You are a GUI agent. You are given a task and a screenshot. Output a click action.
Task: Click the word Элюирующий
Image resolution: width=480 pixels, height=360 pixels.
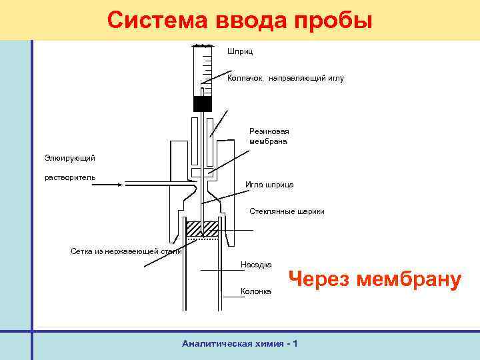pyautogui.click(x=70, y=157)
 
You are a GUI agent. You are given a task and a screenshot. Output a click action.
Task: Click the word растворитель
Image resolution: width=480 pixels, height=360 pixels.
pyautogui.click(x=70, y=177)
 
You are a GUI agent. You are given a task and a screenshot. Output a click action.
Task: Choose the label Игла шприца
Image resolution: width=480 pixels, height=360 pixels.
pyautogui.click(x=269, y=184)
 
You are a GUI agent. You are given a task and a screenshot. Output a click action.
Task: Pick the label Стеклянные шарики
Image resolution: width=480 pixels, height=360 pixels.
pyautogui.click(x=287, y=211)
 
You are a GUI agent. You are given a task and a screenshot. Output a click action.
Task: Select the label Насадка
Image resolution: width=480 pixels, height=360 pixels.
pyautogui.click(x=255, y=265)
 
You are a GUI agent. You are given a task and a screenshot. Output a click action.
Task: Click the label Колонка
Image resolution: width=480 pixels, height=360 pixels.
pyautogui.click(x=256, y=292)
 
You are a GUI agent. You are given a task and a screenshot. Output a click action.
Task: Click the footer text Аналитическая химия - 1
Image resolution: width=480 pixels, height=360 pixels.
pyautogui.click(x=239, y=343)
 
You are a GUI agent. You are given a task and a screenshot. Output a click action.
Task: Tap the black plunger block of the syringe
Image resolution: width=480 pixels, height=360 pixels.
pyautogui.click(x=202, y=103)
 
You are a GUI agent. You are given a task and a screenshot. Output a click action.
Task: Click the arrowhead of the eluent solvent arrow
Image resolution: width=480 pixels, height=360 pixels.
pyautogui.click(x=120, y=182)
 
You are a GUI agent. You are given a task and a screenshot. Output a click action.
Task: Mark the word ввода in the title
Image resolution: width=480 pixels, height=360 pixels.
pyautogui.click(x=251, y=20)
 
